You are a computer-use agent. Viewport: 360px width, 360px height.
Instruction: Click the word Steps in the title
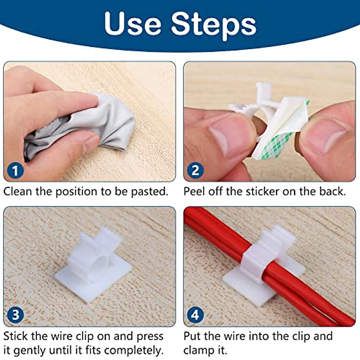(x=214, y=24)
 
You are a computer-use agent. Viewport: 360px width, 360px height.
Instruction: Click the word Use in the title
(x=133, y=24)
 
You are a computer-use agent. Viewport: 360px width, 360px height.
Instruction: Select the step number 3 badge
(x=15, y=315)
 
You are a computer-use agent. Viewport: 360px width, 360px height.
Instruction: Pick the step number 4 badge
(x=195, y=315)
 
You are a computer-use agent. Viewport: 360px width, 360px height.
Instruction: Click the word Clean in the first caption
(x=18, y=191)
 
